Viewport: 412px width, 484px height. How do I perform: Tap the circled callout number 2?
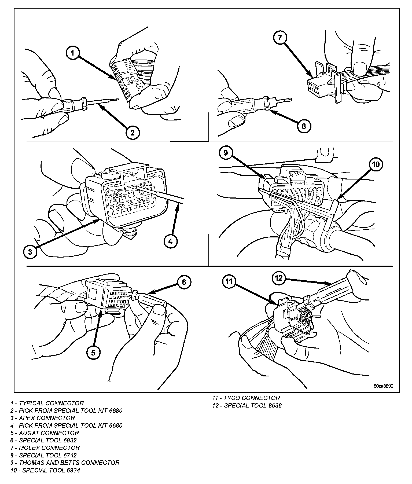click(132, 132)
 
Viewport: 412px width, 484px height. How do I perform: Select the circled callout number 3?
click(30, 252)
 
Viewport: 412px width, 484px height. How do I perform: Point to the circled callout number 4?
click(171, 241)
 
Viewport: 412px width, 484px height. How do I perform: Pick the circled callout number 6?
click(184, 282)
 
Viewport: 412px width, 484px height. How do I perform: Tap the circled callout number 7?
click(280, 38)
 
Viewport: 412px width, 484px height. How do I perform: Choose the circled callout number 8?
click(304, 126)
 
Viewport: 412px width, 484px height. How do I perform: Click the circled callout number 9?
click(226, 153)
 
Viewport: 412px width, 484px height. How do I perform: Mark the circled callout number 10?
click(376, 164)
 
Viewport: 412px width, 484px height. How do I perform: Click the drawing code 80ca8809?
click(384, 386)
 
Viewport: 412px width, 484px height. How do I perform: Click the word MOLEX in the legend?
click(29, 448)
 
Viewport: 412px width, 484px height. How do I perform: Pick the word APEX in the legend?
click(27, 418)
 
